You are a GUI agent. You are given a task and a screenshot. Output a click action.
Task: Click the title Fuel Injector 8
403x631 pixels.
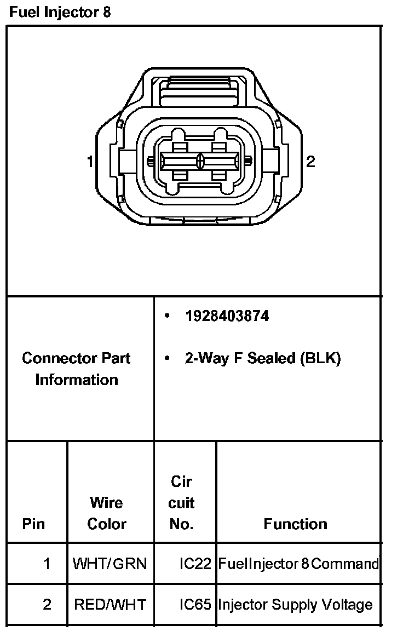coord(60,12)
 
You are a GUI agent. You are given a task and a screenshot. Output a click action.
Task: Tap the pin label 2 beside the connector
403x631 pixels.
coord(310,162)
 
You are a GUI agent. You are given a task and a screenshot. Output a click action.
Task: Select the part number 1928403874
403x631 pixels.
coord(227,316)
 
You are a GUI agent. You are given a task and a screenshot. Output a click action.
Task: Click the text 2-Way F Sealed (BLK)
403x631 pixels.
coord(263,358)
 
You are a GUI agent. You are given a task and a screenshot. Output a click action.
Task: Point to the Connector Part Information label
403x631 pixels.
coord(77,369)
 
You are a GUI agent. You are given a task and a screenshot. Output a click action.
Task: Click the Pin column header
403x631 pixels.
coord(33,524)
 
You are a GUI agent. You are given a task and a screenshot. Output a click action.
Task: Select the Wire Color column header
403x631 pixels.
coord(107,513)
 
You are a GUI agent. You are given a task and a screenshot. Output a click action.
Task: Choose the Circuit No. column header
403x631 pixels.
coord(182,503)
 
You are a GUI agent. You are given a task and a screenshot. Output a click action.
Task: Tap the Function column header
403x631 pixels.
coord(295,524)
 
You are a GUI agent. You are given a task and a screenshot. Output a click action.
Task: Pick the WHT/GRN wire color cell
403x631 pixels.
coord(110,563)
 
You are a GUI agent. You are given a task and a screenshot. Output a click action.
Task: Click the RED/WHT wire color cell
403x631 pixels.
coord(110,605)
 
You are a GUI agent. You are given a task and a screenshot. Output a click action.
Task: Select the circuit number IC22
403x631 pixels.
coord(195,563)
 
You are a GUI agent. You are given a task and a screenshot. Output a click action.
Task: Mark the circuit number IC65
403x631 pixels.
coord(195,605)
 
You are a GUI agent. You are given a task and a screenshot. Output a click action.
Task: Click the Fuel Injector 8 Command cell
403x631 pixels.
coord(298,563)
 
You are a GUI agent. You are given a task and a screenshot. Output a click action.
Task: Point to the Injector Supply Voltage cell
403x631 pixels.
coord(295,605)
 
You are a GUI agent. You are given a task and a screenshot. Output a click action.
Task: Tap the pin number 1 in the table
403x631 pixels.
coord(47,563)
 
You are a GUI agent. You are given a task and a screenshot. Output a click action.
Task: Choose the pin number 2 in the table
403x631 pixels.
coord(47,605)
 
